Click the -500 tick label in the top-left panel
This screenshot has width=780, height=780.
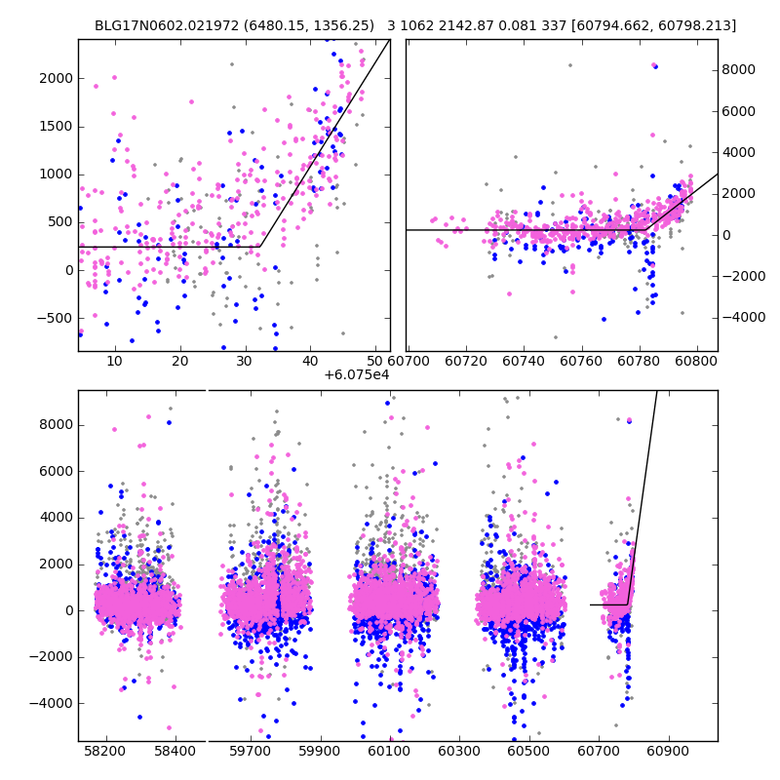pyautogui.click(x=55, y=318)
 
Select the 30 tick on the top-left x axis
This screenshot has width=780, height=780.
pyautogui.click(x=245, y=361)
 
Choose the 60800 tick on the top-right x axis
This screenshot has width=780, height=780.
pyautogui.click(x=698, y=361)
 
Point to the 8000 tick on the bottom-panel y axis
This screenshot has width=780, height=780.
pyautogui.click(x=54, y=424)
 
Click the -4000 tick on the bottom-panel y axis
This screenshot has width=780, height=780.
pyautogui.click(x=51, y=703)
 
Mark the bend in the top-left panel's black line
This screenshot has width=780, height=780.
pyautogui.click(x=260, y=246)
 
